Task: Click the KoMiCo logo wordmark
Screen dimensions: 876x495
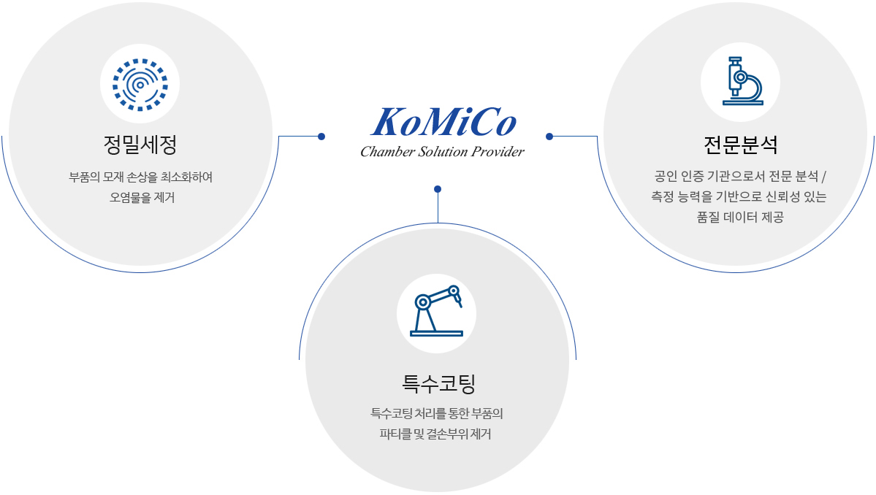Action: (x=443, y=122)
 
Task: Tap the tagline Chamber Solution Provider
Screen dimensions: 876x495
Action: (x=443, y=152)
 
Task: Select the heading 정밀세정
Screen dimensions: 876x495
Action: (x=140, y=145)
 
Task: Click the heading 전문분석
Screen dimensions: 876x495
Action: (x=740, y=145)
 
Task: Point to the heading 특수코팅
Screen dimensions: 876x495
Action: (x=438, y=383)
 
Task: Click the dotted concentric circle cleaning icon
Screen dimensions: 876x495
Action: (x=140, y=85)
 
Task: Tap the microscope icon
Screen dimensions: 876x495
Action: (x=742, y=81)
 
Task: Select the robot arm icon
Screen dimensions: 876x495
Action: (x=436, y=311)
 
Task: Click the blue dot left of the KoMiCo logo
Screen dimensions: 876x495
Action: (x=321, y=137)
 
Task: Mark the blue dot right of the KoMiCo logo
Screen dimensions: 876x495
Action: (x=549, y=137)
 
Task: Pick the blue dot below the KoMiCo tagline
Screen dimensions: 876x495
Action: (x=438, y=189)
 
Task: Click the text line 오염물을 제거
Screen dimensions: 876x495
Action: (x=142, y=198)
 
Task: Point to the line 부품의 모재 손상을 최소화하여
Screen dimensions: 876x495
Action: (x=141, y=177)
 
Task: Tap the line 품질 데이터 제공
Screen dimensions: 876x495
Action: (x=740, y=217)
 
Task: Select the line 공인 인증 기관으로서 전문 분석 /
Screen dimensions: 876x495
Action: (x=740, y=177)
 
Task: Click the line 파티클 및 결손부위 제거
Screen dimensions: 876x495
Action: (x=435, y=434)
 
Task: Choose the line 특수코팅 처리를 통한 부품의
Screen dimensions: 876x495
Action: (x=437, y=414)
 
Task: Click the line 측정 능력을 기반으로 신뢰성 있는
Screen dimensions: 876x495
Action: (x=739, y=197)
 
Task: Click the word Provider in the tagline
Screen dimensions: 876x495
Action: (x=498, y=152)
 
